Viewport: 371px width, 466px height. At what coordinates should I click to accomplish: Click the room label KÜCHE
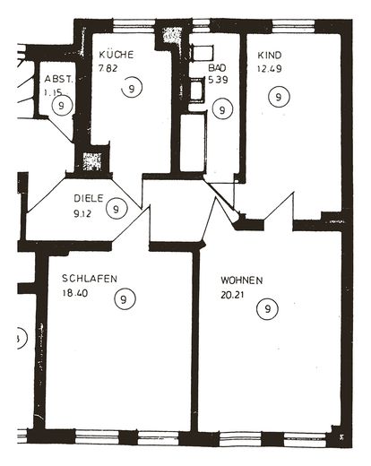coord(116,55)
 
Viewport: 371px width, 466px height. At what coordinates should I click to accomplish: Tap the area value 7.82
coord(108,68)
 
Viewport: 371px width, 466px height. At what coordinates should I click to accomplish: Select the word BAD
coord(217,67)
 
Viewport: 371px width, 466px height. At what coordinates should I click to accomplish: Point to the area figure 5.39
coord(218,80)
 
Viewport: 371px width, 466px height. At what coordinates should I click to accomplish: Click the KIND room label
coord(270,56)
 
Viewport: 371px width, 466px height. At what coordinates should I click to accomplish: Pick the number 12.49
coord(270,69)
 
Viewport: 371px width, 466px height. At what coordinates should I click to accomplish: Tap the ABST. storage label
coord(58,79)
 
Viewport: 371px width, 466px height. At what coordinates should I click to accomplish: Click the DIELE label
coord(89,198)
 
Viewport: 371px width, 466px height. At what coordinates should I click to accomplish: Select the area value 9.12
coord(82,213)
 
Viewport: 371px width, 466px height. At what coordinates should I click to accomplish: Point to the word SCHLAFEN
coord(90,279)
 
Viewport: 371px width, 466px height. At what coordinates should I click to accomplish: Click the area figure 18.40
coord(75,293)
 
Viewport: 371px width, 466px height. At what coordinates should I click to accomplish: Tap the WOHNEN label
coord(242,280)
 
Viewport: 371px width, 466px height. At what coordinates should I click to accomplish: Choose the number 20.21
coord(233,295)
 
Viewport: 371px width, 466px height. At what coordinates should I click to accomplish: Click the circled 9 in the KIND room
coord(279,97)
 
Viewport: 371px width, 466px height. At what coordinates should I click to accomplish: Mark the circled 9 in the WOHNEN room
coord(267,308)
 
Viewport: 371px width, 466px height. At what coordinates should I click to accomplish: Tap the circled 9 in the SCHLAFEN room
coord(125,298)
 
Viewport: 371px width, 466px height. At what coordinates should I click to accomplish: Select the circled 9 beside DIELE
coord(116,209)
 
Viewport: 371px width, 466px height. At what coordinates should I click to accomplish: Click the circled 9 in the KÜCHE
coord(132,87)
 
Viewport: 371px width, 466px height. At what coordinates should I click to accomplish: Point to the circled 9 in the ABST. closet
coord(62,105)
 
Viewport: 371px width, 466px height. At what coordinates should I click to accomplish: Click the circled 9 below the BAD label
coord(222,109)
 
